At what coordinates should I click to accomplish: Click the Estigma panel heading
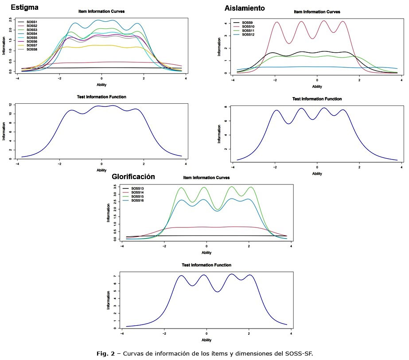coord(24,8)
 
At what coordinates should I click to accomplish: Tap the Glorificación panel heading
coord(133,176)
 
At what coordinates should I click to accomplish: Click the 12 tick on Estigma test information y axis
coord(10,105)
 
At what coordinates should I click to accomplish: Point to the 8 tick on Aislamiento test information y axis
coord(226,107)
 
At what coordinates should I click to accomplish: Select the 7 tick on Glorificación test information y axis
coord(115,276)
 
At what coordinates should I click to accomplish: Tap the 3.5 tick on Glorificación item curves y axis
coord(115,188)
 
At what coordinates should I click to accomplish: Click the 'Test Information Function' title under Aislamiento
coord(317,99)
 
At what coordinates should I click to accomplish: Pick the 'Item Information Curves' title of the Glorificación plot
coord(206,178)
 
